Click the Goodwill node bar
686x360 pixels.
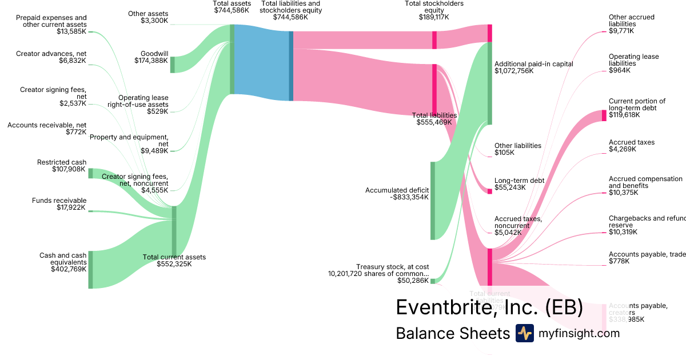172,65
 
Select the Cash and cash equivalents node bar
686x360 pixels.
90,269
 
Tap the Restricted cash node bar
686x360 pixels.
90,173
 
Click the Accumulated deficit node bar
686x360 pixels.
433,201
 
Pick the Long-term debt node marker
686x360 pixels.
489,191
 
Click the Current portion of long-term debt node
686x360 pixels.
604,115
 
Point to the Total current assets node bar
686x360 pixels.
174,231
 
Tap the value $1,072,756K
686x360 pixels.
514,71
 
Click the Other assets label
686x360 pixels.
148,14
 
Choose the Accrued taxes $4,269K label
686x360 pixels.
631,142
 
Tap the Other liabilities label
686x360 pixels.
517,146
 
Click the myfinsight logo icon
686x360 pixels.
524,333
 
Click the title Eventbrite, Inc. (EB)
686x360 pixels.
489,307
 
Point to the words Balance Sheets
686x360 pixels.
452,334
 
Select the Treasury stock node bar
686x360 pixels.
433,281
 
